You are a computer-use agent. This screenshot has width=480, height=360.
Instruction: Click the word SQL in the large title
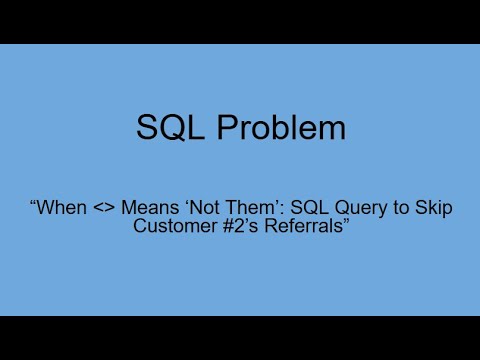170,128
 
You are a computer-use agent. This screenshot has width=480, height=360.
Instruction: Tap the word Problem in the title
281,127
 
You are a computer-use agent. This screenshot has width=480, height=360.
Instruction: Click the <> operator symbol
104,208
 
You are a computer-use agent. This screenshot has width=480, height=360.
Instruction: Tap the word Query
361,209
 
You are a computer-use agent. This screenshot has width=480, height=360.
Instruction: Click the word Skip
434,209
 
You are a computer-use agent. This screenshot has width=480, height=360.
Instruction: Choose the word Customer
175,226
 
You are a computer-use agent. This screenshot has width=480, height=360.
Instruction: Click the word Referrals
303,226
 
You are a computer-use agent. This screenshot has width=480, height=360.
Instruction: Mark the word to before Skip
401,208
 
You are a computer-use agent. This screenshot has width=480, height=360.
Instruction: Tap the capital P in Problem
227,127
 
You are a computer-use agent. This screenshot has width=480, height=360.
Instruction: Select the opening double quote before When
33,202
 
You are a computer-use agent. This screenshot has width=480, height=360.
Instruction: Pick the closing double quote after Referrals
346,221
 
